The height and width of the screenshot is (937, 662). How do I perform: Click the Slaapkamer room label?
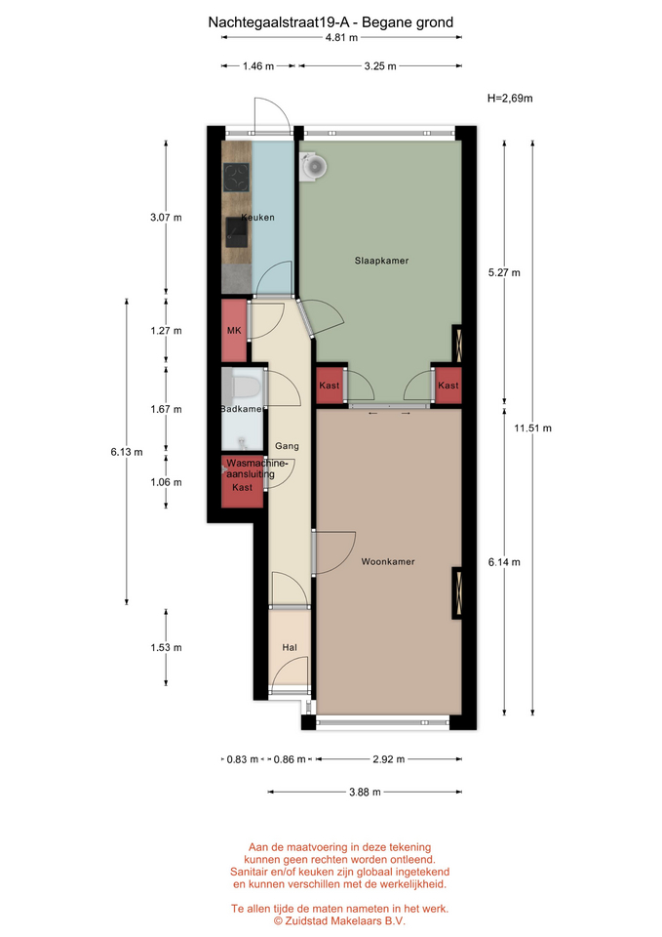[381, 261]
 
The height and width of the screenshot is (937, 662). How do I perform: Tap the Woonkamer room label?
[388, 562]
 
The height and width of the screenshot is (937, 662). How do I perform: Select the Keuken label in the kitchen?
[257, 218]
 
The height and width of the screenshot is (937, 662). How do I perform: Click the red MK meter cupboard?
[234, 331]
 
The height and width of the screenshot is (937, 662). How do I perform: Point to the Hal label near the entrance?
[290, 647]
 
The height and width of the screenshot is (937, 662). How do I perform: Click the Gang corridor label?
[287, 446]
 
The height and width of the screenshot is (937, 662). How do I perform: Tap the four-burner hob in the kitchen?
[236, 178]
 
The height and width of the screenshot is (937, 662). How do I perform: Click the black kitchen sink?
[236, 232]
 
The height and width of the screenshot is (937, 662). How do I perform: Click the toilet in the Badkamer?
[245, 387]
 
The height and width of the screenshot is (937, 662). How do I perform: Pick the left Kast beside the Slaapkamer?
[330, 386]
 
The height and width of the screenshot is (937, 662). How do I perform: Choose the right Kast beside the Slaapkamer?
[448, 386]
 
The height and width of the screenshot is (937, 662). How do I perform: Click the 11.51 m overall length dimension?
[533, 428]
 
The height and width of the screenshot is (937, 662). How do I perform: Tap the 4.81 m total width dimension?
[341, 37]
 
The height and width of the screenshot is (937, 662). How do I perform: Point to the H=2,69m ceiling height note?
[510, 98]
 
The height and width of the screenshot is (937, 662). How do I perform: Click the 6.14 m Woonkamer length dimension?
[504, 562]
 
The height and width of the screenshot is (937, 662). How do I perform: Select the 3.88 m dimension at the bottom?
[365, 792]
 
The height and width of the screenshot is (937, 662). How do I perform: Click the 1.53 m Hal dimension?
[166, 647]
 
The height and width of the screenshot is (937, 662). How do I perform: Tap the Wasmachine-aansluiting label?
[253, 468]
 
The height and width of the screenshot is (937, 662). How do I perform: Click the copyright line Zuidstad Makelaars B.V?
[339, 920]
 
